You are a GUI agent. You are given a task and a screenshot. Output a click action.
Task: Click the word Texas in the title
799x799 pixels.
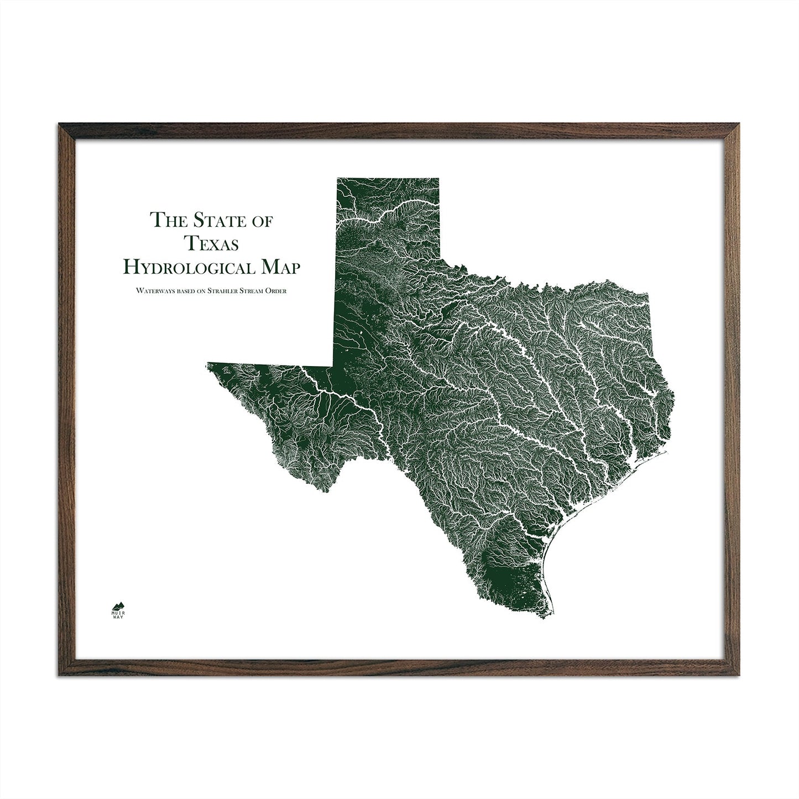point(212,243)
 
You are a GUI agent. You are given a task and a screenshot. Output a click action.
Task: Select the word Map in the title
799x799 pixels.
point(281,267)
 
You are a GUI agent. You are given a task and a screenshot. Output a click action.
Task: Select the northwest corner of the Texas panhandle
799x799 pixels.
point(337,179)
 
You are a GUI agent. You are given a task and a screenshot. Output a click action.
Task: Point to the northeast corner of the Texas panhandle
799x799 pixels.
point(438,179)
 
